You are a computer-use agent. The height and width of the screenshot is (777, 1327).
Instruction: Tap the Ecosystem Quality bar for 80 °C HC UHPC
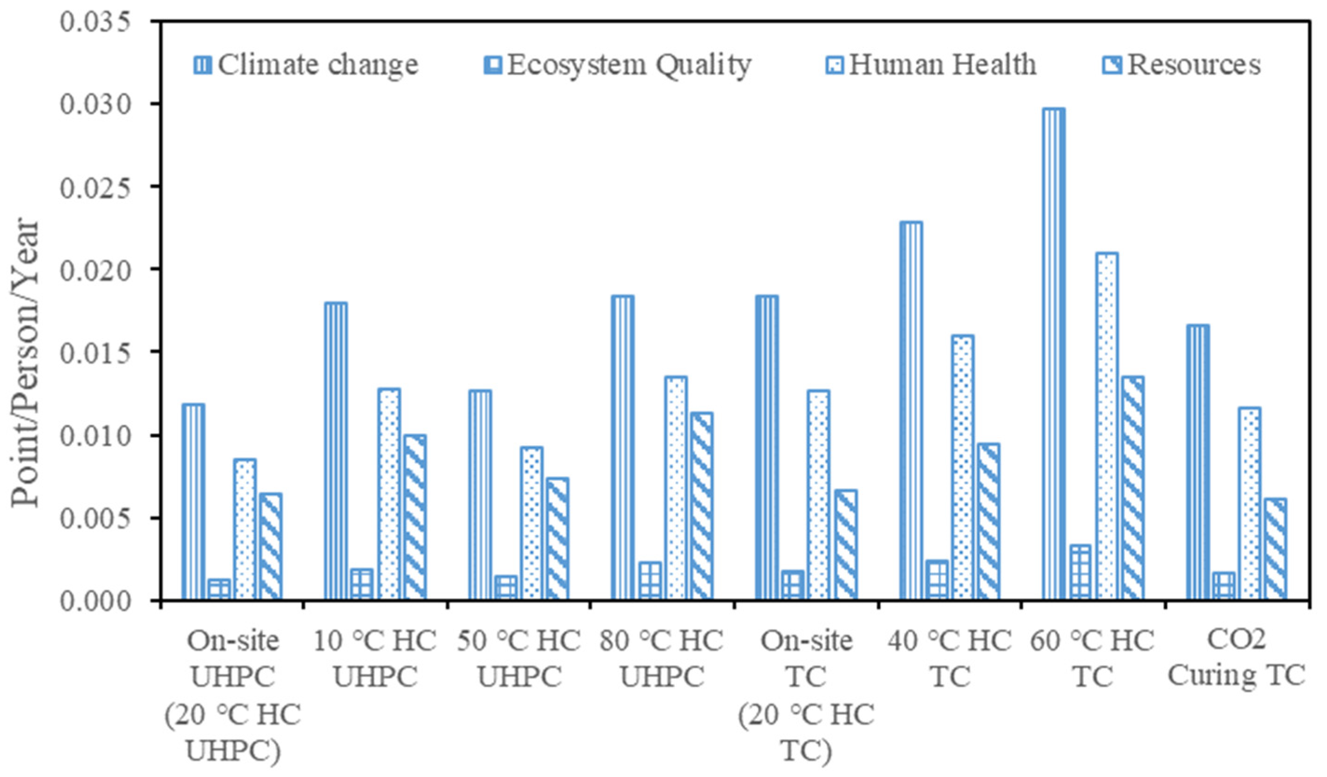650,580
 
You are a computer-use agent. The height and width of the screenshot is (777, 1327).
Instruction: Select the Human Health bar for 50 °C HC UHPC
532,524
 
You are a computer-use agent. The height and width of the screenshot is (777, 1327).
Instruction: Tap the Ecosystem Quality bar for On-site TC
792,585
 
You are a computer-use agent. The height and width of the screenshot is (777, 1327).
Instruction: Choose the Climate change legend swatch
203,65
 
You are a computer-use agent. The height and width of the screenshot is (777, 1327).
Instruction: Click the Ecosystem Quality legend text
629,65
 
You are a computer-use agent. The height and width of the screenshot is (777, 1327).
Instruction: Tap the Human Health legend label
943,65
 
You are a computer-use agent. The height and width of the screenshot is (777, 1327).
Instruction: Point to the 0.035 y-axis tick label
95,22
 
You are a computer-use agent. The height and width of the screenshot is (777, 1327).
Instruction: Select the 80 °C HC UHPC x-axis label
661,659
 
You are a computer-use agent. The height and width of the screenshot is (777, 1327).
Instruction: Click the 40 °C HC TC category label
949,659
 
